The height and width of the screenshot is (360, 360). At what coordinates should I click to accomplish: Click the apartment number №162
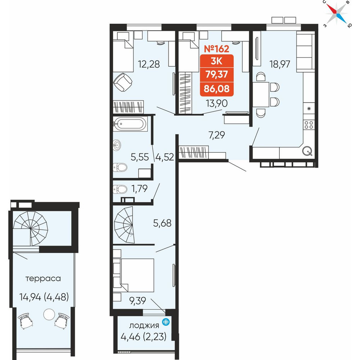point(216,49)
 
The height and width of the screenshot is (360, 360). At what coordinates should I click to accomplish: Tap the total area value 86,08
point(216,89)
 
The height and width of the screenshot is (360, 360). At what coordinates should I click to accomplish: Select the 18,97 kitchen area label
point(280,64)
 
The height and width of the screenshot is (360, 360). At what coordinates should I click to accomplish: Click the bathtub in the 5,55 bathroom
point(130,124)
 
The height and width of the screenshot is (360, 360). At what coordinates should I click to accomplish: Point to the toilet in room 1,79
point(120,189)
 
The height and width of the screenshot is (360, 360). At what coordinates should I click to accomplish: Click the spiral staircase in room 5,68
point(124,225)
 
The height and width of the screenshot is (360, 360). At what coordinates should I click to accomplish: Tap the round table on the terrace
point(49,314)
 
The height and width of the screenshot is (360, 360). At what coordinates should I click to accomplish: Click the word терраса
point(43,279)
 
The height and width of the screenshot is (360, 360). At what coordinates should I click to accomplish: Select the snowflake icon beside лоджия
point(166,322)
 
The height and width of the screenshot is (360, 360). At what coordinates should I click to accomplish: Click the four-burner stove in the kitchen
point(309,125)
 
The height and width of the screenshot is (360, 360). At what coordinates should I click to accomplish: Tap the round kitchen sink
point(307,151)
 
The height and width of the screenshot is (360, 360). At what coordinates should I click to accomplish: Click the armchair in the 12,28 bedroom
point(123,82)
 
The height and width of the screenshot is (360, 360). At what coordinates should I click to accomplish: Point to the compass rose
point(337,14)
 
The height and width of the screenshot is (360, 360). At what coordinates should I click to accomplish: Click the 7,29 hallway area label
point(216,135)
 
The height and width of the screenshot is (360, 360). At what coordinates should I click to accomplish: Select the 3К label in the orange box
point(216,61)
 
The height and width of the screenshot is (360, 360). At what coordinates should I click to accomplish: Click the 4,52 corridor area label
point(165,157)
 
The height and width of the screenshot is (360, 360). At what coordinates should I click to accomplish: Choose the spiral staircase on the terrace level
point(31,229)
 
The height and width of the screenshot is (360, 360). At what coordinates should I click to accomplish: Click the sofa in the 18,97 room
point(305,51)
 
